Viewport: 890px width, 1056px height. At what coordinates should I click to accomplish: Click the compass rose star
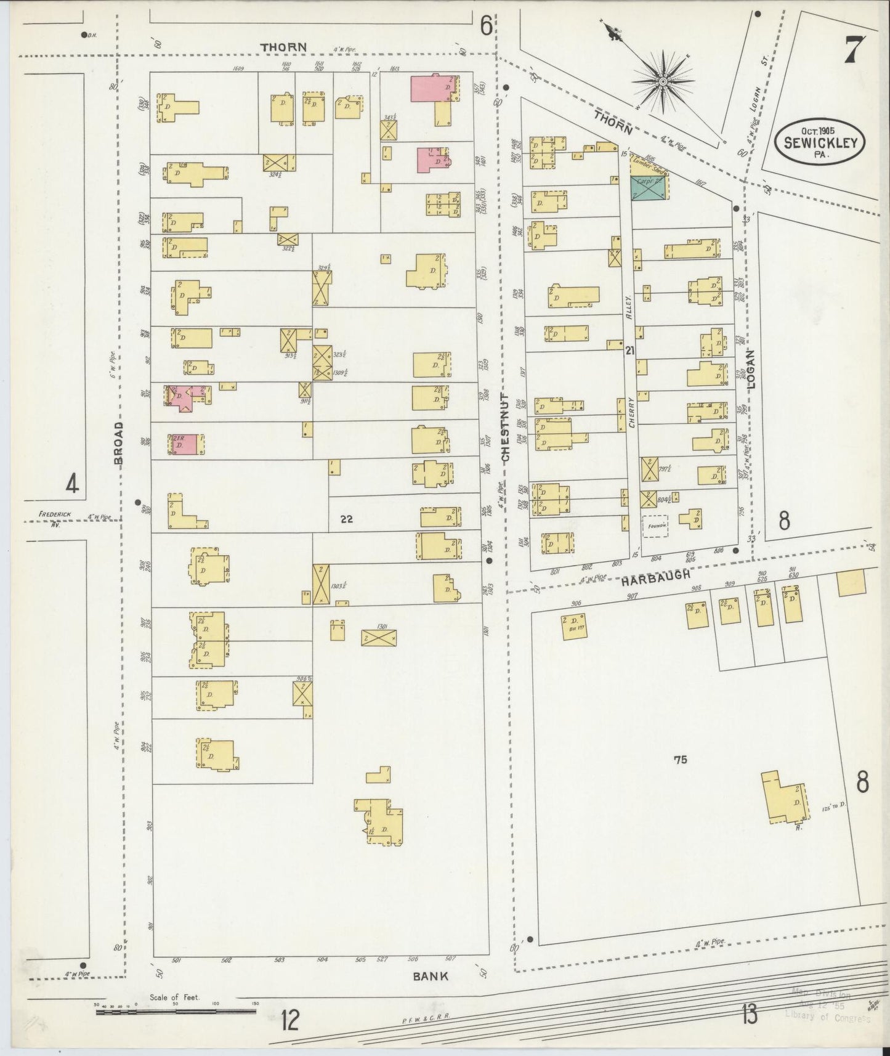click(663, 81)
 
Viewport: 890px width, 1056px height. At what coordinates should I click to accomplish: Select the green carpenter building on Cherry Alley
click(647, 188)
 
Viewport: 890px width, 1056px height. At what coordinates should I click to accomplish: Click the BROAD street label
click(119, 442)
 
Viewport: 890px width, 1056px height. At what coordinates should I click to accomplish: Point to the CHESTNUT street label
click(506, 428)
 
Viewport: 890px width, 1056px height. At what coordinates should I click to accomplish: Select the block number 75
click(680, 760)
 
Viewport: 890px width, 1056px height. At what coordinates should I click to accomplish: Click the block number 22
click(346, 519)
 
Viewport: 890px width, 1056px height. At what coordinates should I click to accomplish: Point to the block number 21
click(629, 351)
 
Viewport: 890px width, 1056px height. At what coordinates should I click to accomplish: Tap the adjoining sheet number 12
click(289, 1021)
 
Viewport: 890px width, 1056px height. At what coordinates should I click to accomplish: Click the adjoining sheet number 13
click(749, 1013)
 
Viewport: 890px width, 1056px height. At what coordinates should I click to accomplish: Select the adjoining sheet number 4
click(72, 485)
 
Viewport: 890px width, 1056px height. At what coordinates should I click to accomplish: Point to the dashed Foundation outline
click(655, 526)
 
